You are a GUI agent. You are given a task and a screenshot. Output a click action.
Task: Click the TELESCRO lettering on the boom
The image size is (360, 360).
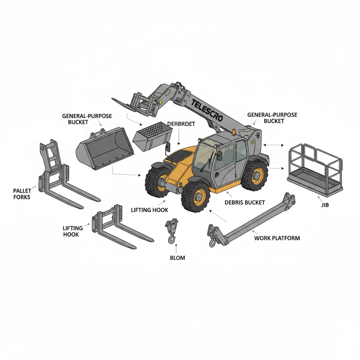(207, 110)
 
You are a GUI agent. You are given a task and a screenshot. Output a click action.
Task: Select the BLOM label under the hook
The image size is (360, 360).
(177, 258)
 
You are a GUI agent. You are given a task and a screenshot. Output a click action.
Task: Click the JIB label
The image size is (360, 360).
(325, 205)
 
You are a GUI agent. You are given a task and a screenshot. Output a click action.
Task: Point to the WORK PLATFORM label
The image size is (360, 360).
(277, 238)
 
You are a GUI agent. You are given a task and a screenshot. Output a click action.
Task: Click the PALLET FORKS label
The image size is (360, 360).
(22, 194)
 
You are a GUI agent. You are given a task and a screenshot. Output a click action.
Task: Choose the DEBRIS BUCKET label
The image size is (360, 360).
(245, 202)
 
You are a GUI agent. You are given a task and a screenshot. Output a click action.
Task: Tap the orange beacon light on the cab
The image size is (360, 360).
(233, 133)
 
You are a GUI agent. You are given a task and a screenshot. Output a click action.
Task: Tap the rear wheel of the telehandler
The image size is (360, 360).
(255, 175)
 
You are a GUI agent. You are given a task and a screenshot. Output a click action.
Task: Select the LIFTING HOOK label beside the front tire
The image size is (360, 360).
(149, 210)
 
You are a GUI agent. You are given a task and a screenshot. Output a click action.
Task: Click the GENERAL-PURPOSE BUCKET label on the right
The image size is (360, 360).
(272, 118)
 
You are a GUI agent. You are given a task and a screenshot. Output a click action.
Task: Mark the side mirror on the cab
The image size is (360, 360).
(219, 156)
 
